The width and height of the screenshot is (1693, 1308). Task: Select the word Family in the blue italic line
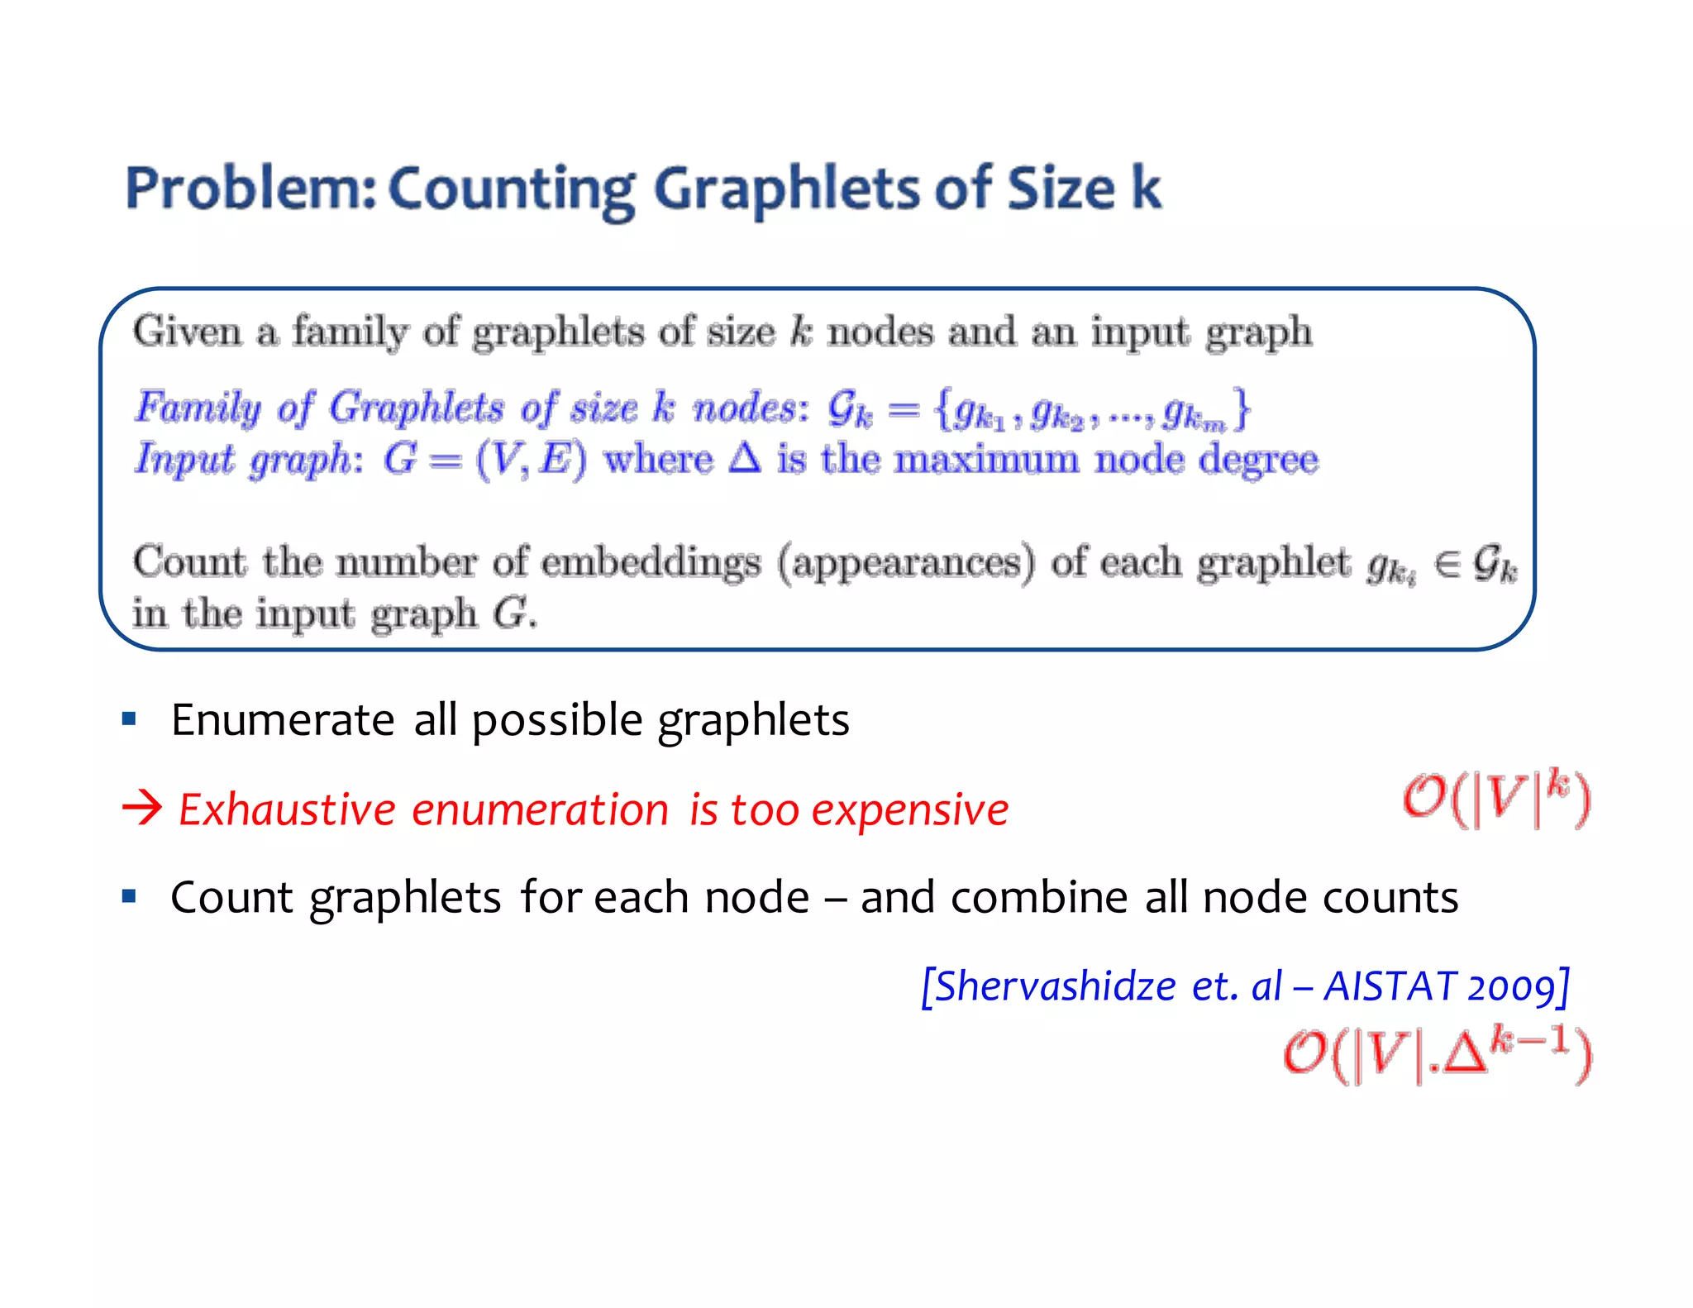point(198,408)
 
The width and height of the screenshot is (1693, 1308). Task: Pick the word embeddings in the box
point(651,563)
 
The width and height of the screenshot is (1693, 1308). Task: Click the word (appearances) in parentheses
point(906,564)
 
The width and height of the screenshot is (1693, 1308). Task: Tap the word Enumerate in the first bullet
point(282,719)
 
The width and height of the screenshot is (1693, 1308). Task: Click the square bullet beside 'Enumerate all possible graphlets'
point(129,718)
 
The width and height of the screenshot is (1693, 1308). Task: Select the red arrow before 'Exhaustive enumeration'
point(142,808)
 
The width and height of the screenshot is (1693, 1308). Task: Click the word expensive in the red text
point(910,809)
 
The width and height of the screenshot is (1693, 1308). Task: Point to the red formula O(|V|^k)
point(1496,799)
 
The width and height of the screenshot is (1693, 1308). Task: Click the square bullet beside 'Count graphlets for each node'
point(129,896)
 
